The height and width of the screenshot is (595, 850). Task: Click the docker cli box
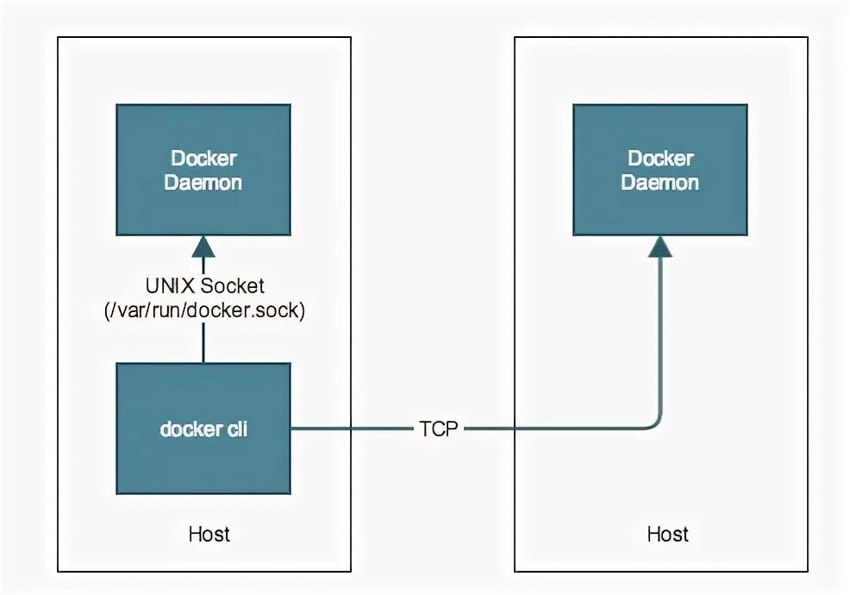(x=203, y=429)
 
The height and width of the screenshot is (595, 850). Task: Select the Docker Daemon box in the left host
(x=203, y=170)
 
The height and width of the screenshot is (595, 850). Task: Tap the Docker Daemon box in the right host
(x=660, y=170)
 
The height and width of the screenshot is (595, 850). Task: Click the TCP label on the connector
(x=439, y=429)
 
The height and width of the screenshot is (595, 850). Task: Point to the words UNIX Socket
(x=204, y=285)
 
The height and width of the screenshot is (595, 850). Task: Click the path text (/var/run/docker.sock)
(x=204, y=310)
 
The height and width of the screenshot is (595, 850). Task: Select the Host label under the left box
(x=209, y=535)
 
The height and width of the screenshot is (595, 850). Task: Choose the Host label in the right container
(x=667, y=535)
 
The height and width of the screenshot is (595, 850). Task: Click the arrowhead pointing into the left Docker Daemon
(x=203, y=247)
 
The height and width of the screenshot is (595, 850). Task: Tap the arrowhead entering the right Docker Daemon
(x=660, y=247)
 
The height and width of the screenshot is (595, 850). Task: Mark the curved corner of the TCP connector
(x=656, y=424)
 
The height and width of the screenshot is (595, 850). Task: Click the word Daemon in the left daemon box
(x=203, y=182)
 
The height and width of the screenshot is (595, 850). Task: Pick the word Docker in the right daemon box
(x=660, y=159)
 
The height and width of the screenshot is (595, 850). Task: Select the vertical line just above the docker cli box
(x=203, y=343)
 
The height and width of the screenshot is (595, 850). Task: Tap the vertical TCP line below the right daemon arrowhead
(x=661, y=336)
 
